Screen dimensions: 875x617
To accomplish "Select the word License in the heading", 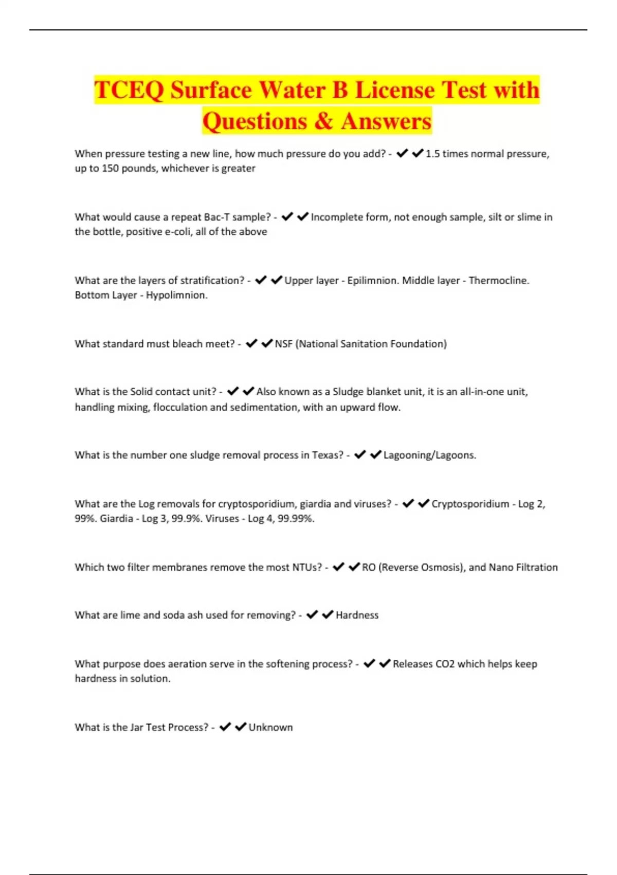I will click(x=394, y=90).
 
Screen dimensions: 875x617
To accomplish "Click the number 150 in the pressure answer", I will click(x=111, y=168).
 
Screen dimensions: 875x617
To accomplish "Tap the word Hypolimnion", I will click(x=176, y=295).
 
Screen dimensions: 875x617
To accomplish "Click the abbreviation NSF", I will click(x=283, y=344).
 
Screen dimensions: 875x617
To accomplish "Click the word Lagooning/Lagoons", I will click(x=430, y=455).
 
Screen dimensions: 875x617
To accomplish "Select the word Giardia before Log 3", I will click(x=117, y=518).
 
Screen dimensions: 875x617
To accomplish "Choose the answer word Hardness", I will click(x=357, y=615).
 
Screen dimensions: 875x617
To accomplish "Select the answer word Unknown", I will click(x=270, y=727).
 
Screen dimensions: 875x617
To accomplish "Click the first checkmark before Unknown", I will click(x=225, y=727).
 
